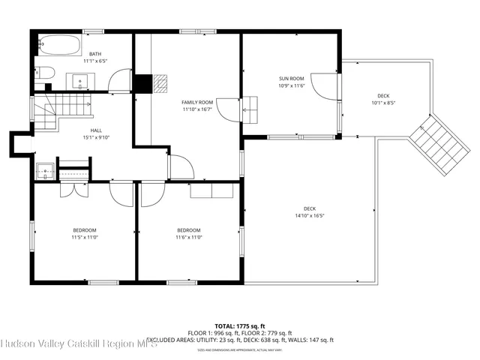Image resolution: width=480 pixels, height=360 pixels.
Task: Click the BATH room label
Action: tap(95, 54)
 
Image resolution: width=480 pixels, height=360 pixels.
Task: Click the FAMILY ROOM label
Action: tap(197, 102)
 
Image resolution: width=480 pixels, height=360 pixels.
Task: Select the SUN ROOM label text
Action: tap(291, 79)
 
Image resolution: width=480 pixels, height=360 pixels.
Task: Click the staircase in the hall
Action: tap(46, 112)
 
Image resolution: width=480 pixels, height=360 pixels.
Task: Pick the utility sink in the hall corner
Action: tap(45, 171)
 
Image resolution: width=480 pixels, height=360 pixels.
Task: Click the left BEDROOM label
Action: tap(84, 230)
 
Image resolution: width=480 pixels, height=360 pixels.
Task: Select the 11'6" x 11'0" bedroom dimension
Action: tap(188, 238)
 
